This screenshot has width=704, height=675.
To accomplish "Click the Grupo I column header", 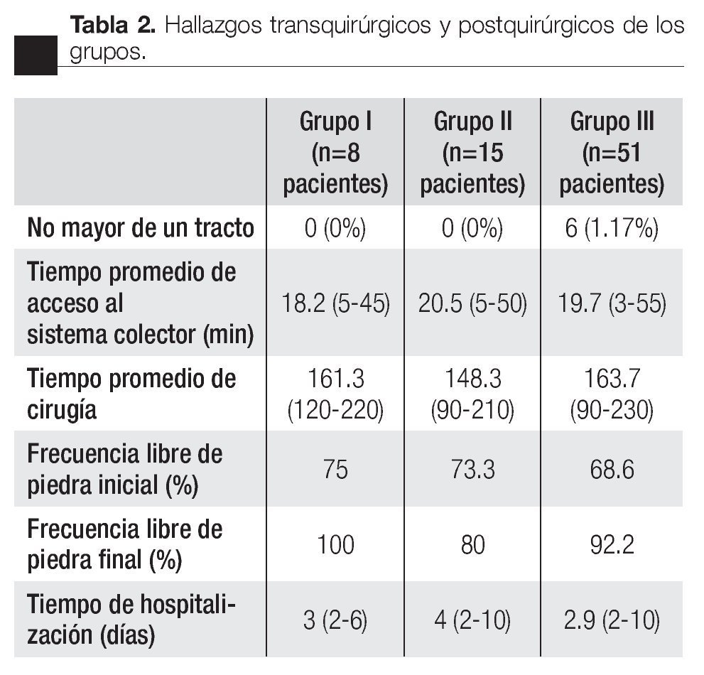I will pyautogui.click(x=335, y=153).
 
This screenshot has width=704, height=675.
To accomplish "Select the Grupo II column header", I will pyautogui.click(x=472, y=153).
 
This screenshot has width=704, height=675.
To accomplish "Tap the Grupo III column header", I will pyautogui.click(x=612, y=153).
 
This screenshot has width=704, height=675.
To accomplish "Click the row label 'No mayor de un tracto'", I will pyautogui.click(x=141, y=228).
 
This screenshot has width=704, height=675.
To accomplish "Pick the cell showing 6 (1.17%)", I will pyautogui.click(x=612, y=228).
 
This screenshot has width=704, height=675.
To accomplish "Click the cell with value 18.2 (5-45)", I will pyautogui.click(x=335, y=304).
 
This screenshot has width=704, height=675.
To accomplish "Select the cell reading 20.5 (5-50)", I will pyautogui.click(x=472, y=304).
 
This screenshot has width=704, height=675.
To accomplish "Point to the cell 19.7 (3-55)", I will pyautogui.click(x=612, y=304).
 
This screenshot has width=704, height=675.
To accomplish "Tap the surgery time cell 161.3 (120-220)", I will pyautogui.click(x=335, y=394).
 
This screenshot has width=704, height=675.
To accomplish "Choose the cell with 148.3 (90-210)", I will pyautogui.click(x=472, y=394).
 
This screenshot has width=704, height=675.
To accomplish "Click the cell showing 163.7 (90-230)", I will pyautogui.click(x=612, y=394).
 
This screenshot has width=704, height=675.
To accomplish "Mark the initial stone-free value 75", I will pyautogui.click(x=335, y=470).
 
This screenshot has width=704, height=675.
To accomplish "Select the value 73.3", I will pyautogui.click(x=472, y=470).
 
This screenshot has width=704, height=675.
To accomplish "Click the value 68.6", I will pyautogui.click(x=612, y=470).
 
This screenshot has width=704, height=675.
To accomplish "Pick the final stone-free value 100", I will pyautogui.click(x=335, y=545).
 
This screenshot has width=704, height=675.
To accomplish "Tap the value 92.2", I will pyautogui.click(x=612, y=545).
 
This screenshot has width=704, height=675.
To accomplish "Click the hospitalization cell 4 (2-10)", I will pyautogui.click(x=472, y=621).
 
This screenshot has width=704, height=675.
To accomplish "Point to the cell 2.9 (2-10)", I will pyautogui.click(x=612, y=621).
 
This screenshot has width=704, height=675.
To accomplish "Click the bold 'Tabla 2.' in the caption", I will pyautogui.click(x=113, y=26).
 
